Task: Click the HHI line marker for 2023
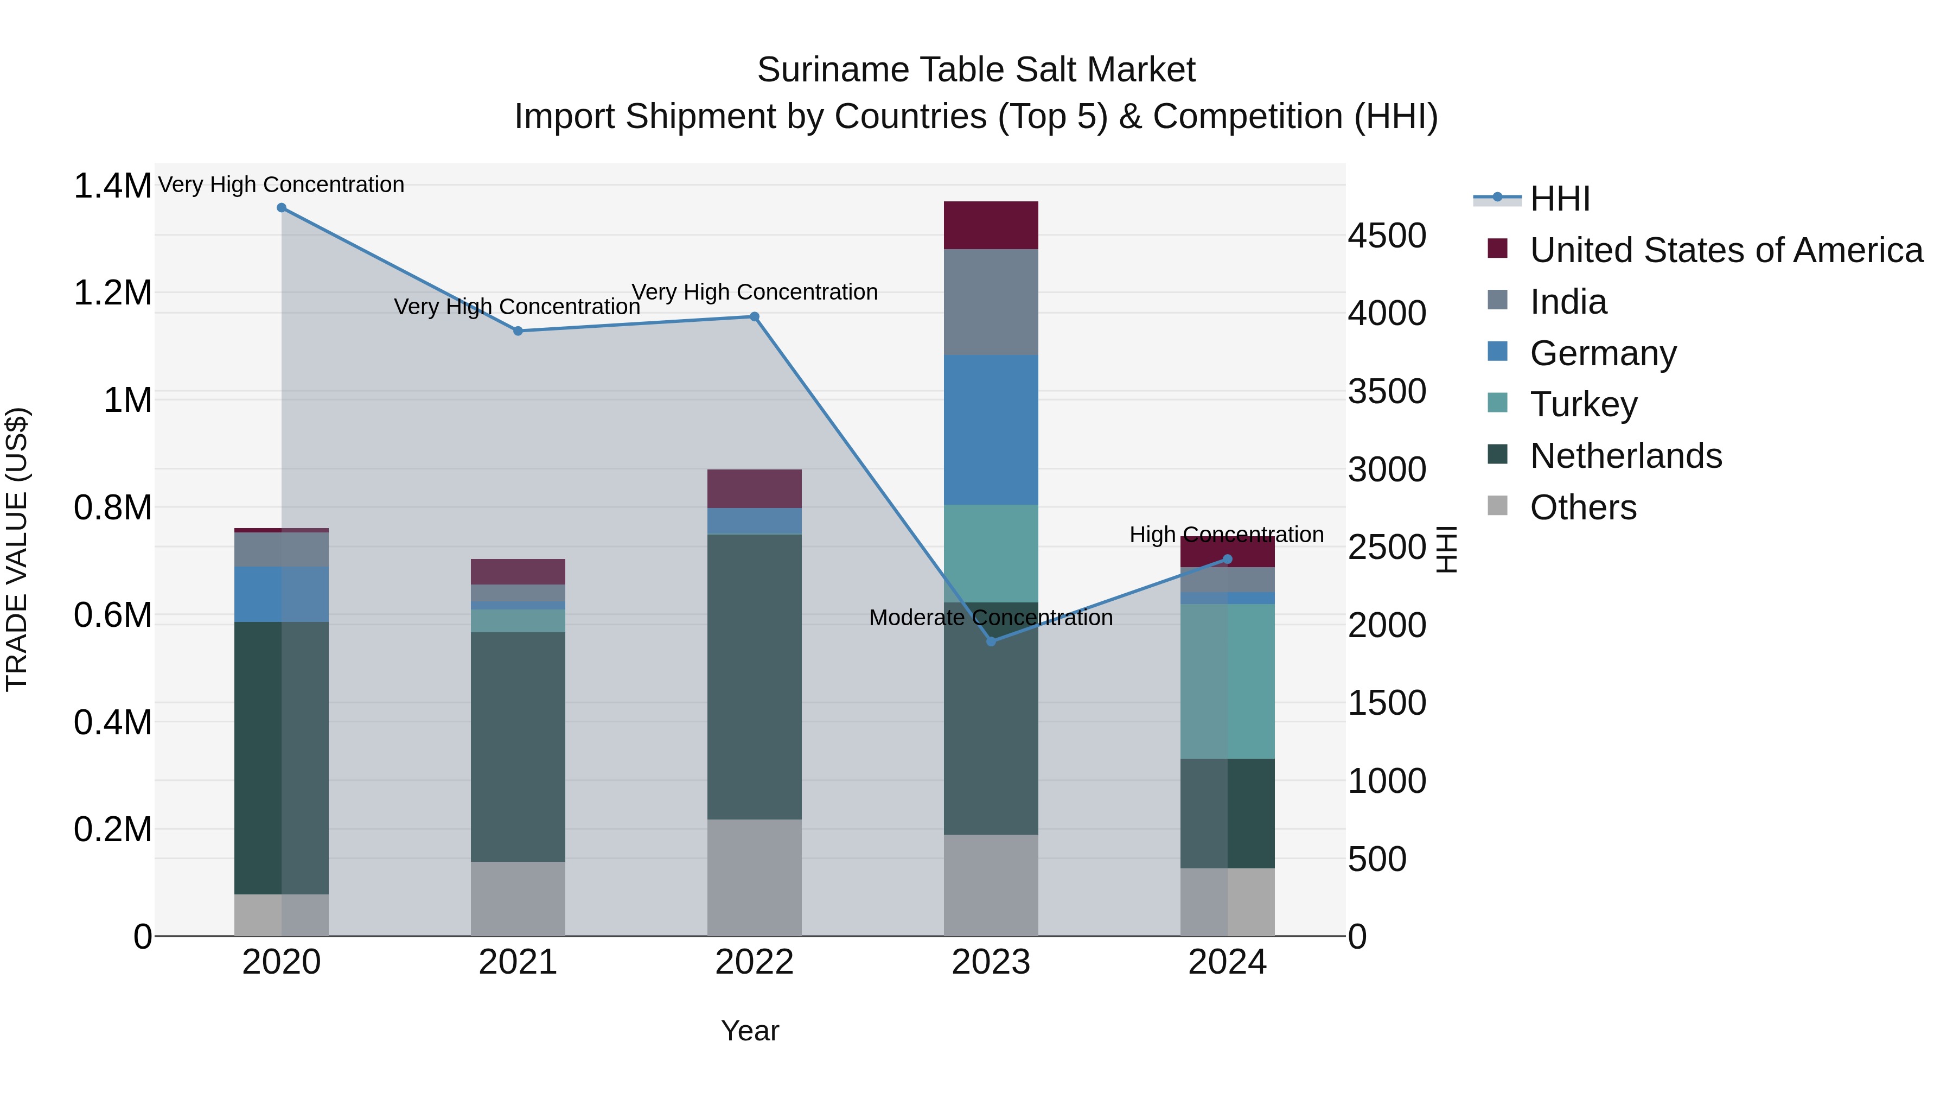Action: (x=991, y=641)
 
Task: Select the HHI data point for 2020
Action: (x=281, y=208)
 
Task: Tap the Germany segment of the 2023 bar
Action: (x=991, y=429)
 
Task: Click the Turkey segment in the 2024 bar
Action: (x=1228, y=681)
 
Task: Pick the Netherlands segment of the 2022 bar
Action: (x=755, y=677)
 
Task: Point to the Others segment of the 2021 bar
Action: (x=518, y=898)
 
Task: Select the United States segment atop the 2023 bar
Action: (x=991, y=225)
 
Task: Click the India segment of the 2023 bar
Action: (x=991, y=302)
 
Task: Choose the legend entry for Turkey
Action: (x=1584, y=404)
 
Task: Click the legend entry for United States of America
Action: (x=1726, y=250)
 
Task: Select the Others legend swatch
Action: (x=1497, y=506)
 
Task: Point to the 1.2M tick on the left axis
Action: (x=112, y=293)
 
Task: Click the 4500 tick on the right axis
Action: (x=1387, y=235)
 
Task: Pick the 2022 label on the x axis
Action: (x=755, y=962)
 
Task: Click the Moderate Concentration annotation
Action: (x=991, y=618)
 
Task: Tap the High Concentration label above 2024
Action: (x=1226, y=535)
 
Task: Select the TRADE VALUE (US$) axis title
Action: (x=17, y=549)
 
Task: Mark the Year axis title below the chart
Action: (x=750, y=1031)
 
